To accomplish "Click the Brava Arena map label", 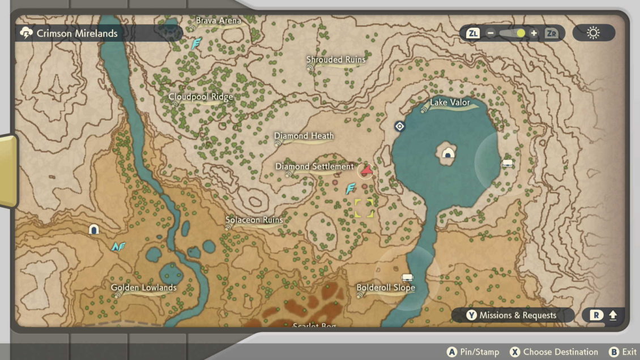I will click(x=218, y=21).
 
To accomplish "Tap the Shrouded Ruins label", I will click(x=335, y=59).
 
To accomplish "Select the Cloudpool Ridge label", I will click(x=200, y=97).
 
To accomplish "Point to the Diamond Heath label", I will click(x=304, y=136).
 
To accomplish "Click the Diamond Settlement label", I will click(x=314, y=166).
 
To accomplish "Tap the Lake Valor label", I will click(x=450, y=102).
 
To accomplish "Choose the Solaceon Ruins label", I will click(x=254, y=220).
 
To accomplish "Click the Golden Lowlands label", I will click(x=143, y=288).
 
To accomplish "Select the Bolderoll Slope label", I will click(x=386, y=288).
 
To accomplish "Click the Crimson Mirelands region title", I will click(x=77, y=33).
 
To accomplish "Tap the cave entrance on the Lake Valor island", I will click(x=449, y=153).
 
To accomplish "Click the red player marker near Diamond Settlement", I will click(x=366, y=169).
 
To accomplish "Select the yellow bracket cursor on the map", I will click(x=364, y=208).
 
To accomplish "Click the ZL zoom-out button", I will click(x=473, y=33).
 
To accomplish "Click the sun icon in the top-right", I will click(x=593, y=33).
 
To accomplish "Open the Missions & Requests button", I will click(x=511, y=315).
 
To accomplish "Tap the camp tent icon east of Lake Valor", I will click(x=507, y=163).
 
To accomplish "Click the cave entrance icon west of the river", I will click(x=94, y=229).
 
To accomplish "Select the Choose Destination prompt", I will click(x=554, y=352).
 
